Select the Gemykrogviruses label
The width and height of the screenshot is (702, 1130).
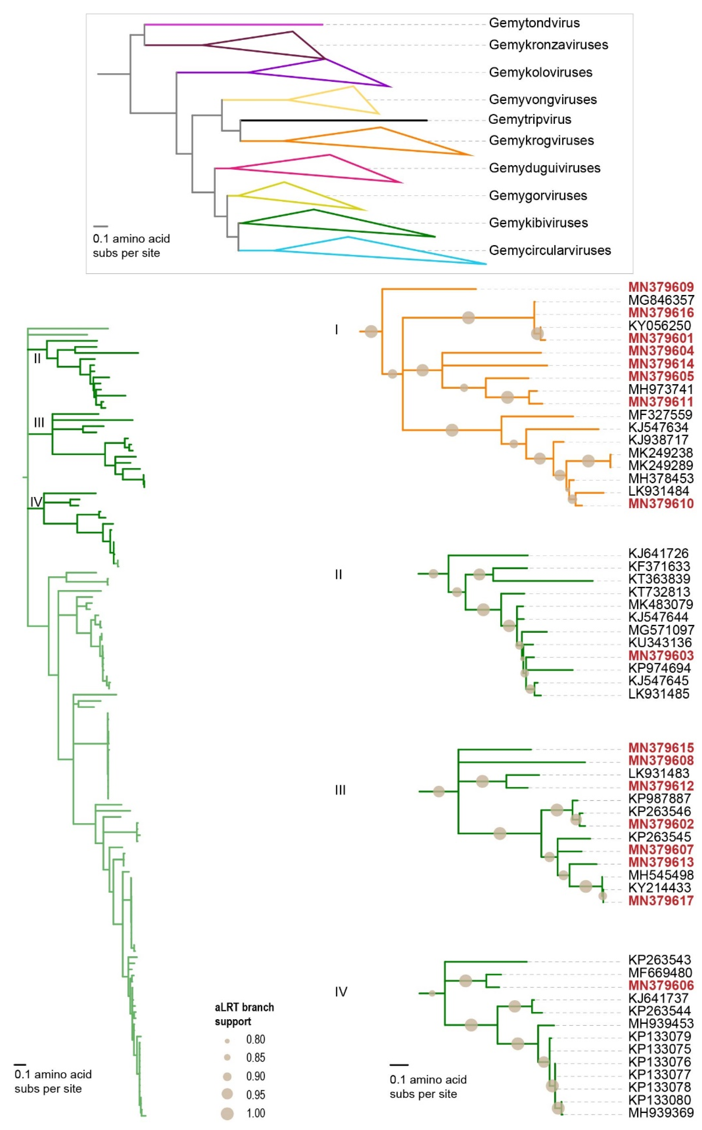[541, 140]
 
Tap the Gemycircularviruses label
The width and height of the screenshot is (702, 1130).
[550, 251]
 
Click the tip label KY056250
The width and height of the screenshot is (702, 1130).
[659, 326]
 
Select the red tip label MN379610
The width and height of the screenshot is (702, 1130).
[661, 504]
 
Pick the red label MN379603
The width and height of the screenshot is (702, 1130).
[661, 655]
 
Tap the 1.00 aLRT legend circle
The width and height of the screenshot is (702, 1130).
[227, 1113]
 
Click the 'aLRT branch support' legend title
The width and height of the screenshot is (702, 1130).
[244, 1015]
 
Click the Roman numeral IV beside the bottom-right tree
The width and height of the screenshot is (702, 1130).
[341, 992]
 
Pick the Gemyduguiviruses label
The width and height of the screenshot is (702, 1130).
[544, 168]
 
